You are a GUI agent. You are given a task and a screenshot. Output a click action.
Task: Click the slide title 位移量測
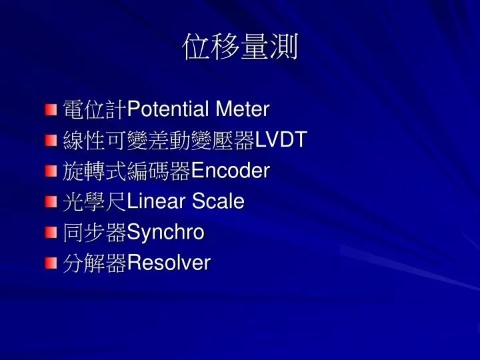pyautogui.click(x=240, y=47)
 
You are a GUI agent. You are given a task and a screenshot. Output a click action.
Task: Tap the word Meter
pyautogui.click(x=243, y=109)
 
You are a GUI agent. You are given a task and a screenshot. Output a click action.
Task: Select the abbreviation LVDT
pyautogui.click(x=281, y=139)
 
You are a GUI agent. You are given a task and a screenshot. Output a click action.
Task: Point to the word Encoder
pyautogui.click(x=230, y=170)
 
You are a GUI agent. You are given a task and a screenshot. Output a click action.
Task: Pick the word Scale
pyautogui.click(x=218, y=201)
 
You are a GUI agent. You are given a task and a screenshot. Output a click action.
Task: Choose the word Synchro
pyautogui.click(x=165, y=233)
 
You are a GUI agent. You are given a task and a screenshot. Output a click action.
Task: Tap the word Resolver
pyautogui.click(x=169, y=263)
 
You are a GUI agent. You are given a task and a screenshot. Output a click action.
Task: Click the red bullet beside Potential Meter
pyautogui.click(x=51, y=109)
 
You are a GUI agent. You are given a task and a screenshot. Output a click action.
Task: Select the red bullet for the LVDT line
pyautogui.click(x=51, y=141)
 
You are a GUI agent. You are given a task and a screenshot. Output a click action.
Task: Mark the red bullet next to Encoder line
pyautogui.click(x=51, y=171)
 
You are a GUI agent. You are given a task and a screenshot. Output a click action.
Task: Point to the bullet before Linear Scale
pyautogui.click(x=51, y=202)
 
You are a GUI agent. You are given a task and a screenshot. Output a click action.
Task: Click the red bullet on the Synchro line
pyautogui.click(x=51, y=233)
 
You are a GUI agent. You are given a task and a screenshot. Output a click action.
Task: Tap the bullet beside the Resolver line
pyautogui.click(x=51, y=263)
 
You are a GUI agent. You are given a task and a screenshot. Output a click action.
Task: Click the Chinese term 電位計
pyautogui.click(x=95, y=109)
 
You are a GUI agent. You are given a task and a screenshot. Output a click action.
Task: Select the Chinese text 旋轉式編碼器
pyautogui.click(x=127, y=171)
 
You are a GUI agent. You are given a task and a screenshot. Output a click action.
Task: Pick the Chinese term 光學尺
pyautogui.click(x=95, y=201)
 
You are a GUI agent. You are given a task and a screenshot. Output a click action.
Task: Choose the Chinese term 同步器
pyautogui.click(x=95, y=233)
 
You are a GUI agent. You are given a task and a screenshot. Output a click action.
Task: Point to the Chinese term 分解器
pyautogui.click(x=95, y=263)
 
